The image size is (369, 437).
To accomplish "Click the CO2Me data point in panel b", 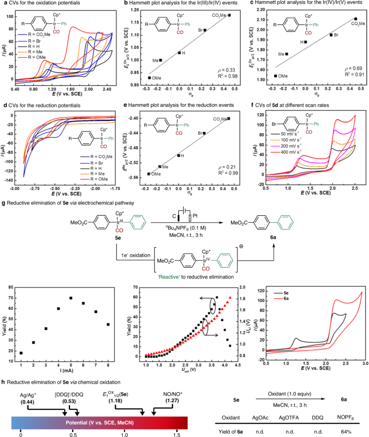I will (x=229, y=15).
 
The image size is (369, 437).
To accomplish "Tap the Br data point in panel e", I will (x=204, y=133).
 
